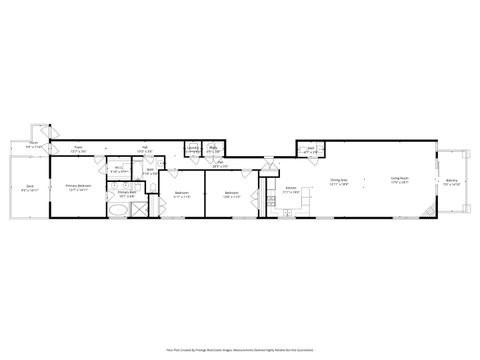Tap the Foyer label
point(78,149)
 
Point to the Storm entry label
point(33,143)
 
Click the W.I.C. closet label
point(117,169)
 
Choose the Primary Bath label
point(126,193)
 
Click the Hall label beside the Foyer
point(144,149)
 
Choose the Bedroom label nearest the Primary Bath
point(181,193)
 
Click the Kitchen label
point(291,188)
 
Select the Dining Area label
point(339,182)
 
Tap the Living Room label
point(397,182)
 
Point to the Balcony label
point(452,182)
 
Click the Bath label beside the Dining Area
point(310,151)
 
